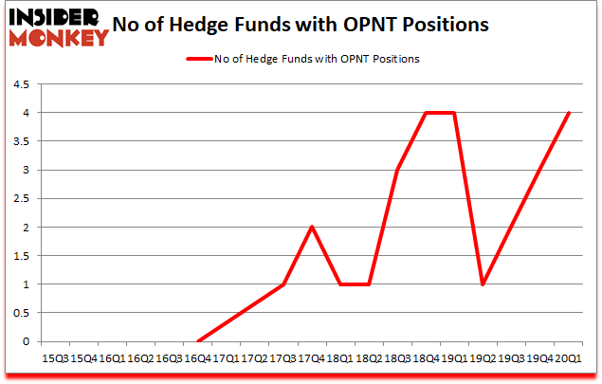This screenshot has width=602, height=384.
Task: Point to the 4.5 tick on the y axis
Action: click(x=21, y=84)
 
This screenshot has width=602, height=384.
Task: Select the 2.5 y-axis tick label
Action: click(x=21, y=199)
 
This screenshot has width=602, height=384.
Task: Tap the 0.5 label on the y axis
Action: click(x=21, y=313)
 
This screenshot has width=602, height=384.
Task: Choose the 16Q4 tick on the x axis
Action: click(x=197, y=357)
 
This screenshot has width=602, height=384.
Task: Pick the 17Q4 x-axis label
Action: click(x=312, y=357)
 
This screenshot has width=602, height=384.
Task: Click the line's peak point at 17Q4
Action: click(x=312, y=227)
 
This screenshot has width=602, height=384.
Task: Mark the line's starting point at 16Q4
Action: click(x=197, y=341)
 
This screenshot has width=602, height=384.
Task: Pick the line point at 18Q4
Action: click(x=427, y=113)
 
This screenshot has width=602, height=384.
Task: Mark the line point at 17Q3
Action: click(x=283, y=284)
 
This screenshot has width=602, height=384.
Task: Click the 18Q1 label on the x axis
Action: click(x=340, y=357)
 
